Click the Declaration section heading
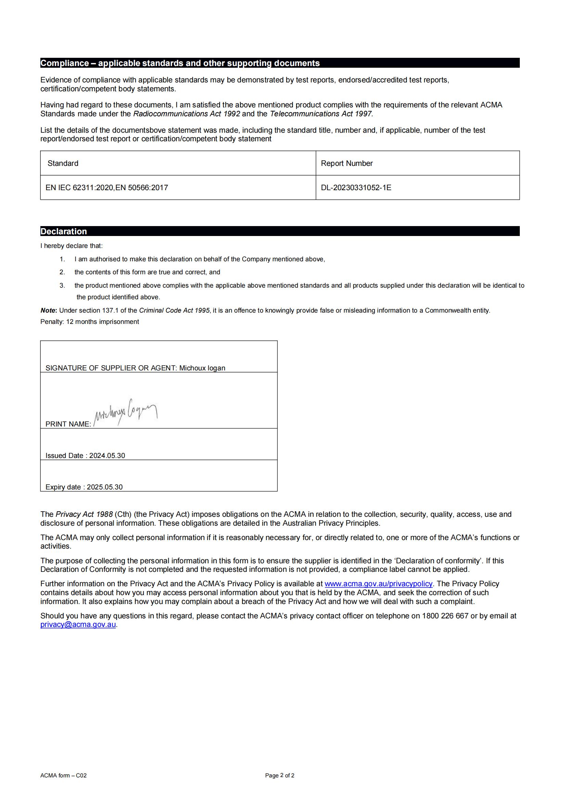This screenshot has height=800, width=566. click(64, 231)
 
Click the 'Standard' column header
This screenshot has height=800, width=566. click(63, 163)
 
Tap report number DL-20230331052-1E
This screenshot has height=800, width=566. click(356, 188)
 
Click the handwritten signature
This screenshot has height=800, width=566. click(126, 413)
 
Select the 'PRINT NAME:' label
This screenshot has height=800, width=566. click(68, 424)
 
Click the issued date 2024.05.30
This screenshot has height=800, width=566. click(107, 456)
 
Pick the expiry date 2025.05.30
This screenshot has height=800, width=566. click(105, 487)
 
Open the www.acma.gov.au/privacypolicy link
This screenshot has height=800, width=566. click(378, 583)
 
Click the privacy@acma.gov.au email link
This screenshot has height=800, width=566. click(78, 625)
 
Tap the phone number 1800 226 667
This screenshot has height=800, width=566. click(445, 616)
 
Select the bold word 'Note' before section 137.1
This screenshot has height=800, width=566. click(48, 311)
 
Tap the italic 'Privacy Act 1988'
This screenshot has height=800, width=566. click(84, 514)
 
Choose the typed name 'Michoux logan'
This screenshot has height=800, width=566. click(202, 368)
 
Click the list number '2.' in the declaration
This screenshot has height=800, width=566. click(62, 272)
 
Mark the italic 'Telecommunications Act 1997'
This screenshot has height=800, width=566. click(321, 114)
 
